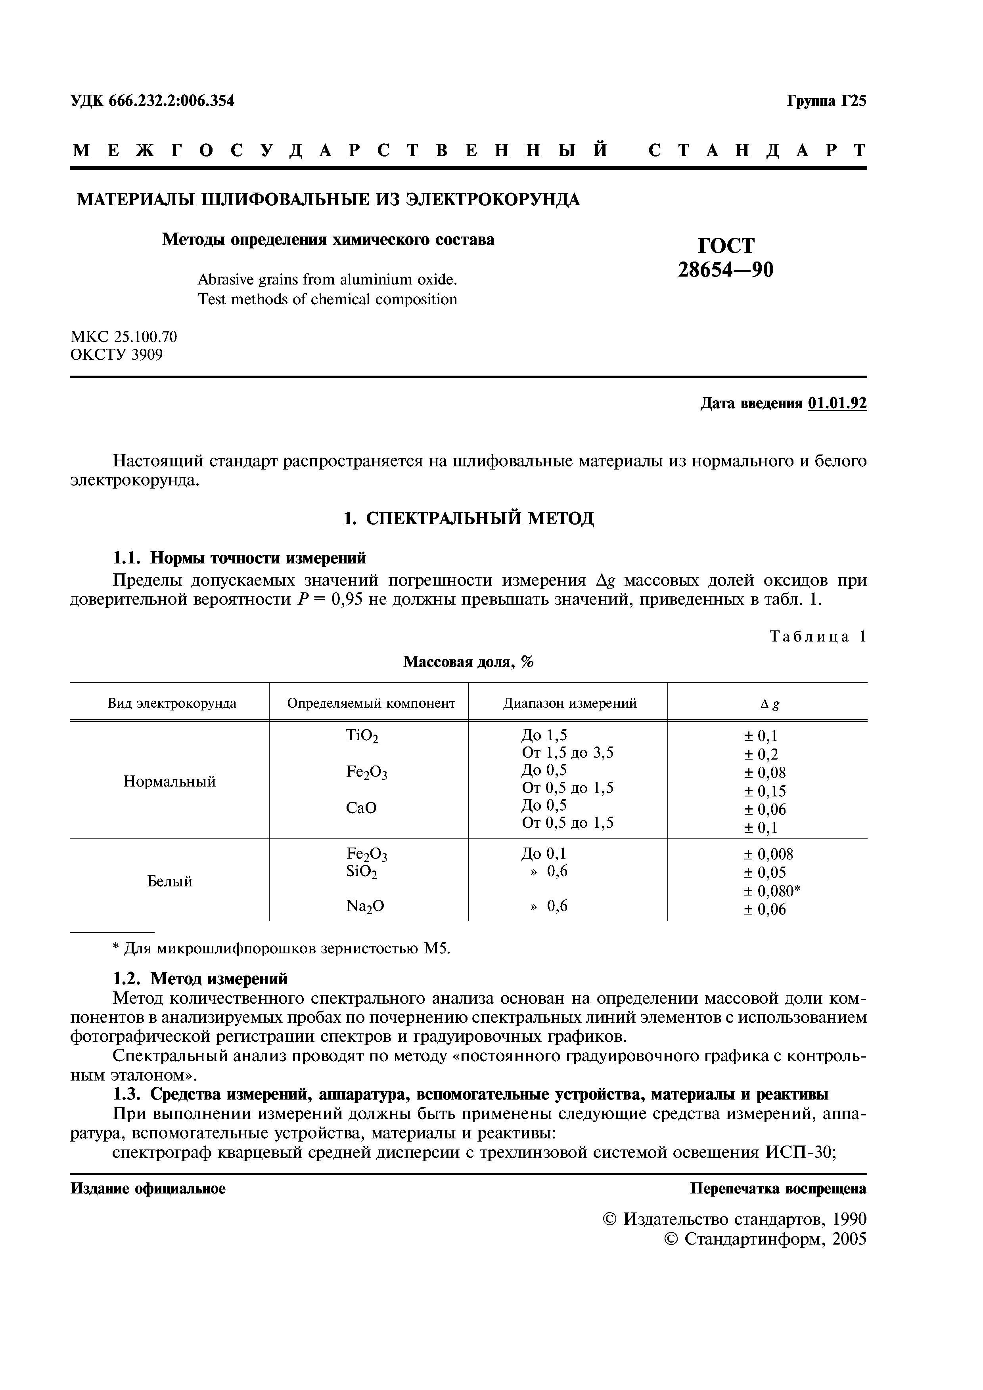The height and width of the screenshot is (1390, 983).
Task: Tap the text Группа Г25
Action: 826,101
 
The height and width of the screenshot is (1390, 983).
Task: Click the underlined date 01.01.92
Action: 837,404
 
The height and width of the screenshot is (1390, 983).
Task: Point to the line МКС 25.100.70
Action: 124,336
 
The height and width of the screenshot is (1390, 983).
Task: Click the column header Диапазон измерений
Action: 569,703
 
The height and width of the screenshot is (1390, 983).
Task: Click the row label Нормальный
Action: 170,781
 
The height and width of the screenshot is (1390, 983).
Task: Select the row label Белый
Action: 170,882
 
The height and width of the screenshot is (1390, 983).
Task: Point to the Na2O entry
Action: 365,906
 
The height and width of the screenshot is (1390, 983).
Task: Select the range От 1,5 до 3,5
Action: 567,752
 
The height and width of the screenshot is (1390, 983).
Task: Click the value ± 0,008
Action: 768,854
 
